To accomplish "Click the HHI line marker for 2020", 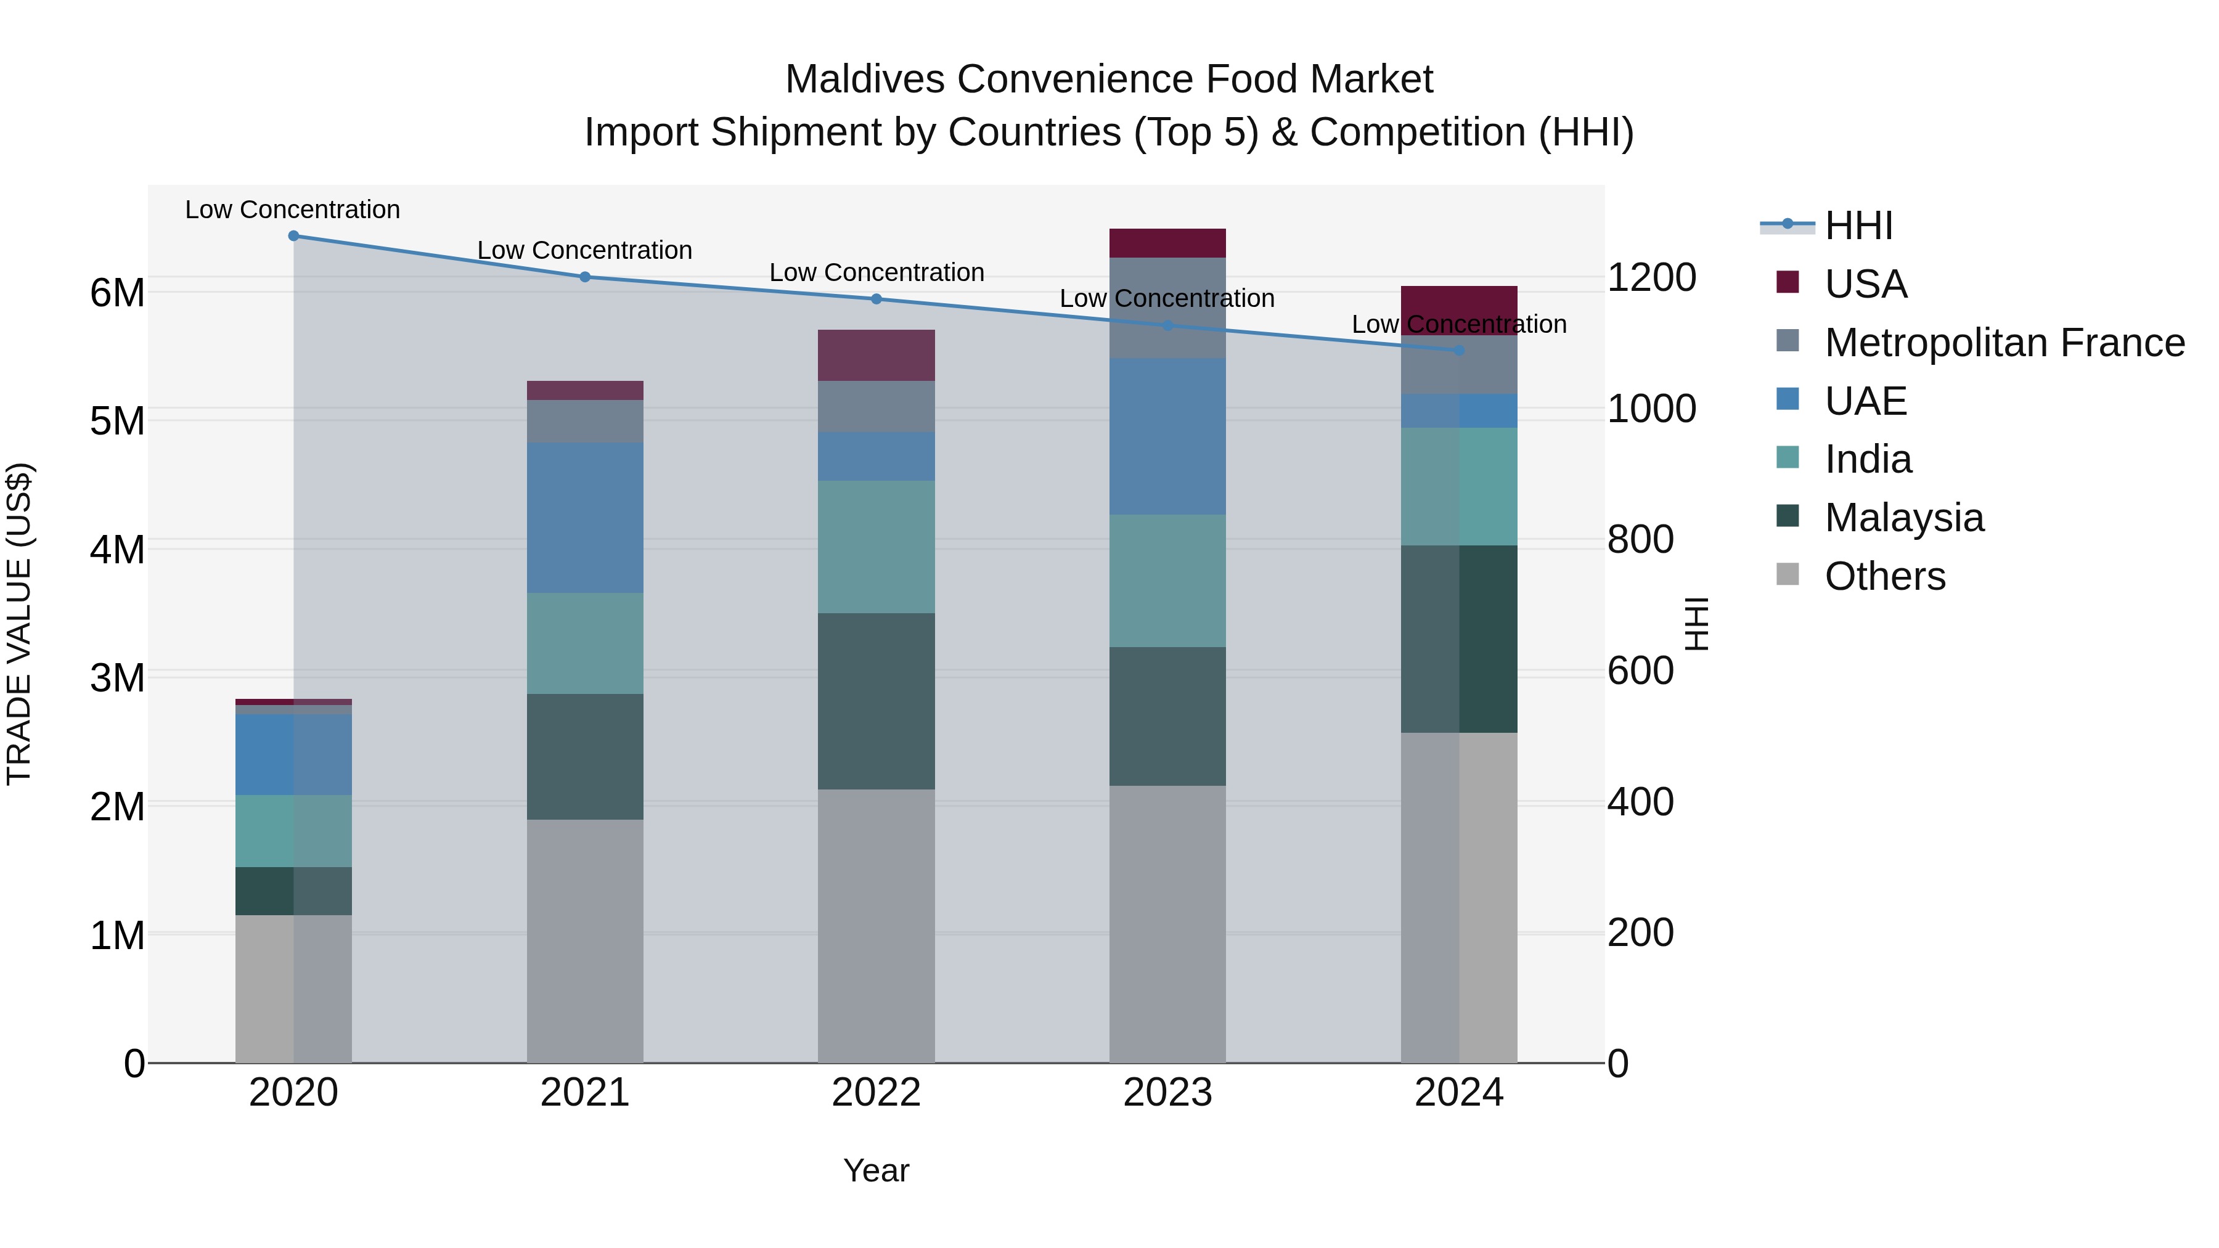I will tap(294, 235).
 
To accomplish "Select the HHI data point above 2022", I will tap(876, 299).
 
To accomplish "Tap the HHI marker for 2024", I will tap(1459, 351).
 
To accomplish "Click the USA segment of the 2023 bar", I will tap(1167, 243).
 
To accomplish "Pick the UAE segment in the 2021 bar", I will tap(585, 518).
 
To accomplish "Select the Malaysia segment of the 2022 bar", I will tap(876, 701).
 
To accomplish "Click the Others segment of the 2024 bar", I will tap(1459, 897).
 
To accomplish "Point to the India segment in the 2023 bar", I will tap(1167, 581).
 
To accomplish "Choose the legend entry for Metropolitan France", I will tap(2004, 343).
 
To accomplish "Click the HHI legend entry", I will tap(1858, 226).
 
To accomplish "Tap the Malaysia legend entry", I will tap(1904, 518).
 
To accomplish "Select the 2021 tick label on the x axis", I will tap(585, 1093).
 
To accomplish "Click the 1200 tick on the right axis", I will tap(1651, 277).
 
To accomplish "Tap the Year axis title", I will tap(876, 1170).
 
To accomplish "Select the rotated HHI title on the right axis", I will tap(1695, 624).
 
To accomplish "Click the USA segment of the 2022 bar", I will tap(876, 355).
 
